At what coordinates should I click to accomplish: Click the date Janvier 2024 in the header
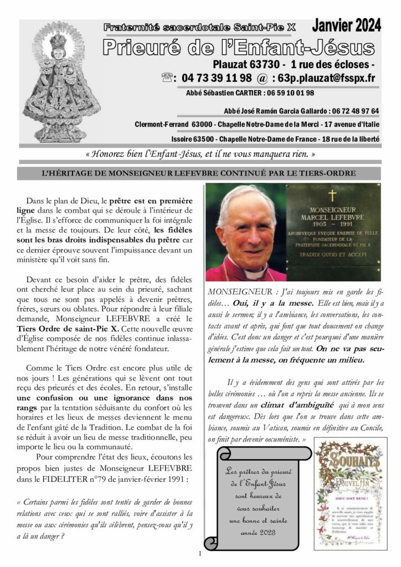(x=346, y=25)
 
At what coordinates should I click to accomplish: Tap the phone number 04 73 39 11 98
(x=215, y=78)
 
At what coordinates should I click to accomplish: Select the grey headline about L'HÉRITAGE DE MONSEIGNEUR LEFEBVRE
(x=200, y=173)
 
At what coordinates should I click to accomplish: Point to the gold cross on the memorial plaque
(x=332, y=195)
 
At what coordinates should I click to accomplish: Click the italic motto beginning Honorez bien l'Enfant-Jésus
(x=200, y=154)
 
